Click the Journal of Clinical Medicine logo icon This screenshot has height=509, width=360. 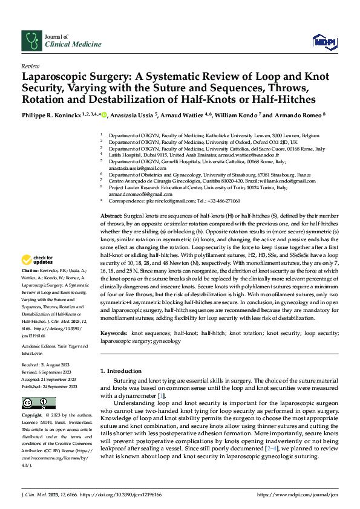[x=30, y=41]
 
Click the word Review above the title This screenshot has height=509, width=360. [x=30, y=66]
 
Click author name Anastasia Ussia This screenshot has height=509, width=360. [x=131, y=115]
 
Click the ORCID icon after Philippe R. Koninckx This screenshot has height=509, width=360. [x=104, y=115]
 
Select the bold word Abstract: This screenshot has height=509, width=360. [x=111, y=216]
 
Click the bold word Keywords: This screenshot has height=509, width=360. [x=114, y=333]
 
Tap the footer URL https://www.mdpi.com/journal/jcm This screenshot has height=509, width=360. [x=297, y=495]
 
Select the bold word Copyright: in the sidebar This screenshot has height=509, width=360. [x=32, y=416]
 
